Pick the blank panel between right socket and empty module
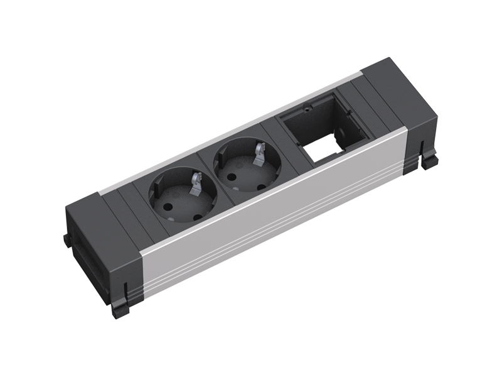click(x=274, y=134)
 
